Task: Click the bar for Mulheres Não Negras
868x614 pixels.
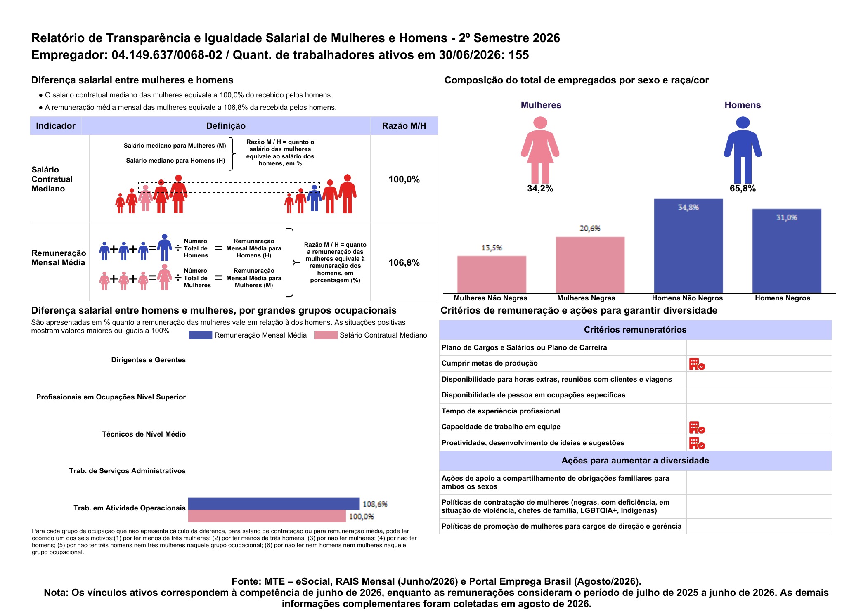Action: coord(492,274)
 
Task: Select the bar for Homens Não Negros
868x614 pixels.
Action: coord(688,246)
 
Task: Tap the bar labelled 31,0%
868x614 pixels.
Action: coord(787,251)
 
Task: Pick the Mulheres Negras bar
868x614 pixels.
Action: coord(590,265)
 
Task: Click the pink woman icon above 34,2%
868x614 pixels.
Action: coord(540,150)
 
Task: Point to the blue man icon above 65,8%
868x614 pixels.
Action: coord(743,150)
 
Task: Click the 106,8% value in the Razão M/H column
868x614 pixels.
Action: coord(404,263)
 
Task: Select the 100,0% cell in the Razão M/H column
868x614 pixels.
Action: coord(404,179)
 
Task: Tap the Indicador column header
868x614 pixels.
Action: coord(56,126)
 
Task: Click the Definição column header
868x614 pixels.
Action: coord(226,126)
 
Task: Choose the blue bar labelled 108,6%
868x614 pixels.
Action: coord(274,504)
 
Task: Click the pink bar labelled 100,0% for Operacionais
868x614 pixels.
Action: coord(267,516)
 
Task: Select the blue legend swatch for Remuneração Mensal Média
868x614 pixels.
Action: coord(200,335)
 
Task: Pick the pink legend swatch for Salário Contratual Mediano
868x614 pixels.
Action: coord(326,335)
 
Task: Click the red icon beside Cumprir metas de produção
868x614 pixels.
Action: coord(697,364)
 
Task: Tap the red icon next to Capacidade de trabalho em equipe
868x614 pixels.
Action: coord(697,427)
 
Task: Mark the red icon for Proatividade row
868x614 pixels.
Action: coord(697,443)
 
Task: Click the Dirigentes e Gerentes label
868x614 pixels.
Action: coord(149,360)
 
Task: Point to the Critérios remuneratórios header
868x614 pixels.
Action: coord(635,330)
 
